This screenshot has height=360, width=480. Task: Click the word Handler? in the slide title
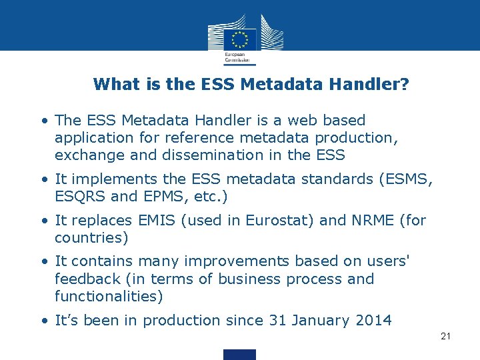(x=371, y=85)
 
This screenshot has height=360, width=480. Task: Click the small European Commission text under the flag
(x=235, y=57)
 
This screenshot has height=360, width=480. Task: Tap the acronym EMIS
(x=157, y=220)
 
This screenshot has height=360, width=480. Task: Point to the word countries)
(x=91, y=237)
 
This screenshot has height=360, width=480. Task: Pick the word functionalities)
(x=109, y=296)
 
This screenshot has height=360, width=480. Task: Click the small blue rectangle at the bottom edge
(x=239, y=354)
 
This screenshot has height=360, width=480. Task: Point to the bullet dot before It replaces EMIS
(x=44, y=221)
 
